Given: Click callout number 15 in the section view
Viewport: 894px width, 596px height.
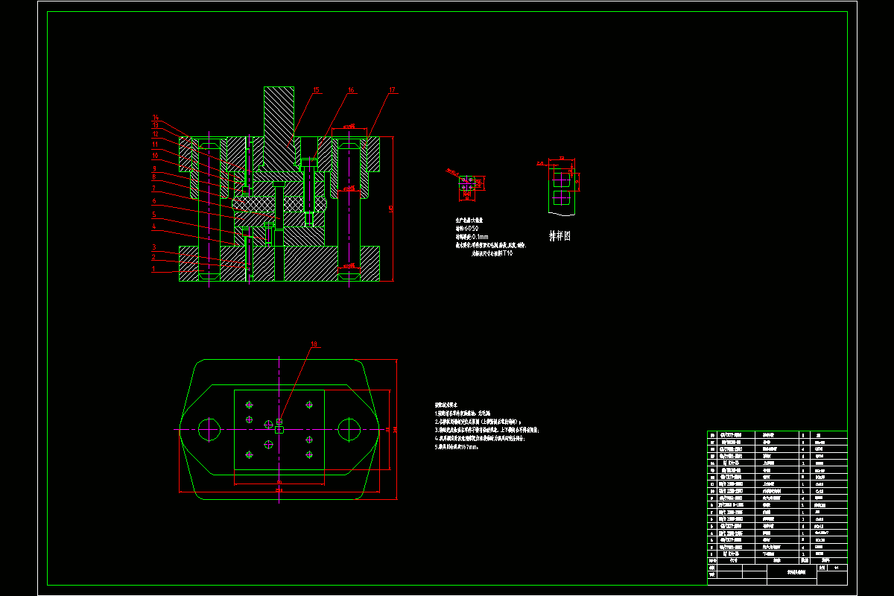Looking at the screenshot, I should (316, 90).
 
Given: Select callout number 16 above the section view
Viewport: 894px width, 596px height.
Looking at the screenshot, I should (351, 90).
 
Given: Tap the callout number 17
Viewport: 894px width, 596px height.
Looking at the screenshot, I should (392, 90).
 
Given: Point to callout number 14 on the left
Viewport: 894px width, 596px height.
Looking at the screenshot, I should (156, 118).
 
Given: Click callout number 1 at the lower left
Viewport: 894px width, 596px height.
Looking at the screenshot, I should (153, 269).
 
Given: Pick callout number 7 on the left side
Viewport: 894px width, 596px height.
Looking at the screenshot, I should (153, 188).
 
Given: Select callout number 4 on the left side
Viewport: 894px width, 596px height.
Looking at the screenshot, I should (153, 226).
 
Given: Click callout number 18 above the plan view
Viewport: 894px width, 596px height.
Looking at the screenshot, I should (314, 345).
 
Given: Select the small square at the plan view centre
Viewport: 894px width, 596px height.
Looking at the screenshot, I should (279, 429).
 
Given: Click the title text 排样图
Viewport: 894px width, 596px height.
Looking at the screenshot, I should (559, 236).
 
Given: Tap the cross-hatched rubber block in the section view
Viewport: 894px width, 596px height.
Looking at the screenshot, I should (279, 203).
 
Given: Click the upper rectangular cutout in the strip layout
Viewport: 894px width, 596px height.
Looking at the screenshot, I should (562, 180).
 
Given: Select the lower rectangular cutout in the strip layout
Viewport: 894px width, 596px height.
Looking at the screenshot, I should (562, 198).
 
